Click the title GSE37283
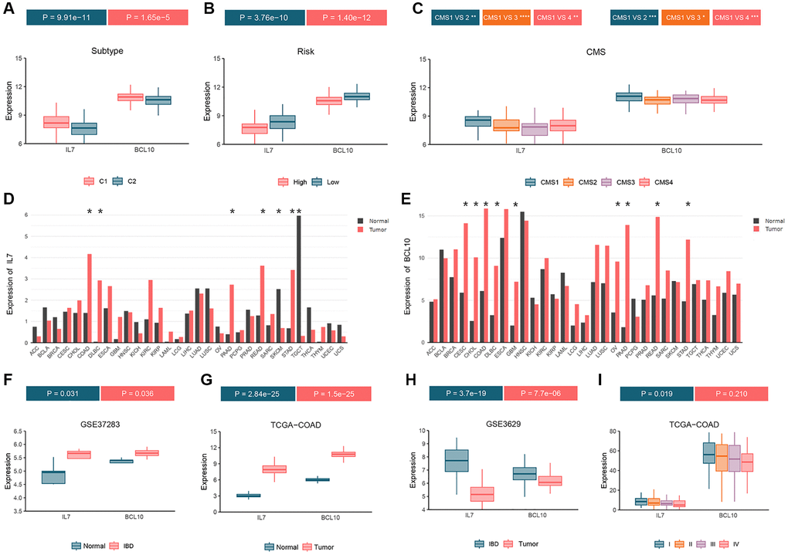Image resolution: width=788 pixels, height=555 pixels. coord(108,425)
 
